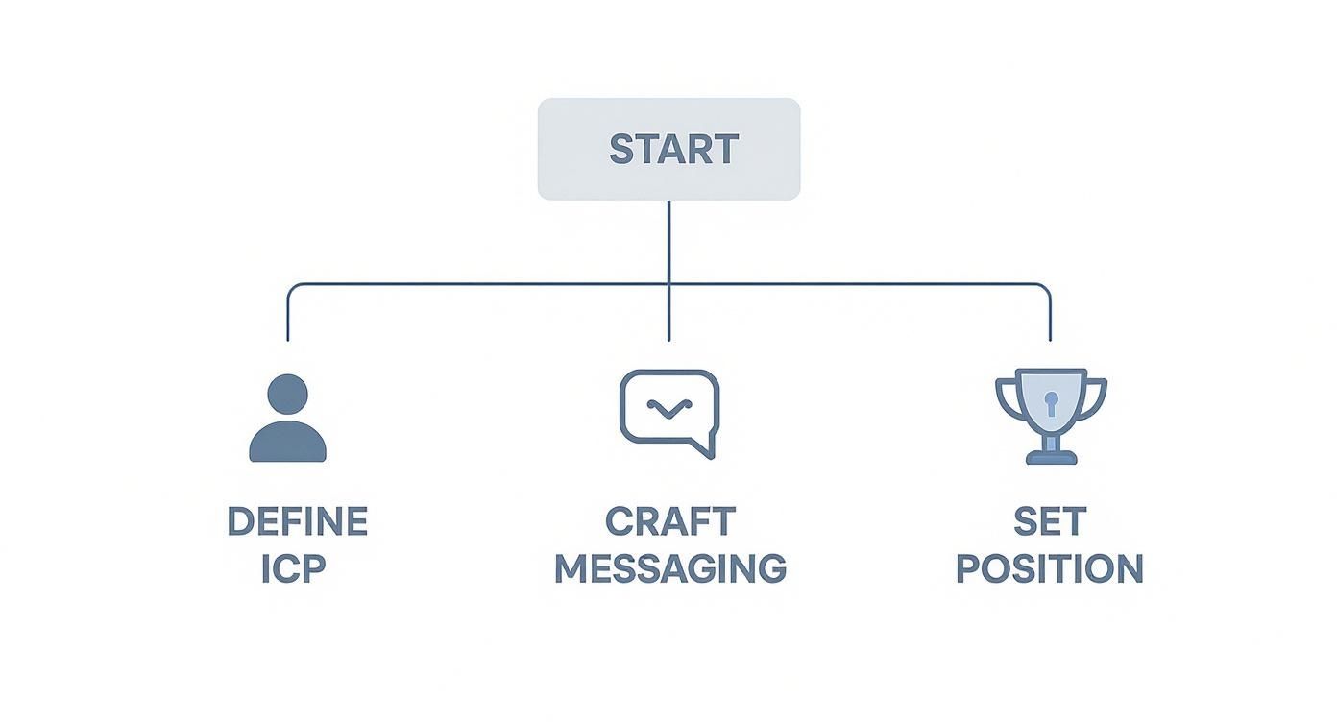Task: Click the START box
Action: pos(668,149)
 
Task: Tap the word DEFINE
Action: pos(297,522)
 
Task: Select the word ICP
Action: pos(294,569)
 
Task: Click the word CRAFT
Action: pos(669,522)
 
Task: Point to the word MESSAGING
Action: pos(669,569)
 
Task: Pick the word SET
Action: pos(1050,522)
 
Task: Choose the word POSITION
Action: pos(1050,569)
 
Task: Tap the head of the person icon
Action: pos(288,394)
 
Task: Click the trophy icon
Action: pos(1051,416)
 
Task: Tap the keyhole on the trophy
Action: pos(1051,401)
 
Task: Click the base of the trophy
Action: pos(1051,457)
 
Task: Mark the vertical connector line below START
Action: pos(668,240)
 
